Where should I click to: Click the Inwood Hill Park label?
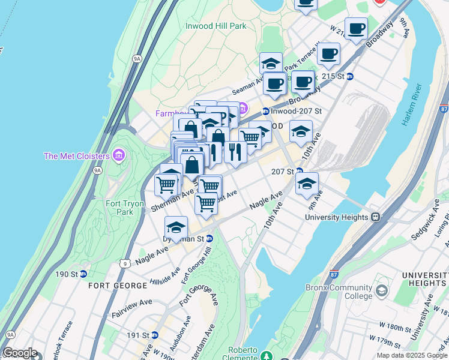point(216,26)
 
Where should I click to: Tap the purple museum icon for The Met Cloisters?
point(119,157)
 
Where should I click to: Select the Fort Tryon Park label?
point(125,208)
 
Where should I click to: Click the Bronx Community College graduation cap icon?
point(381,292)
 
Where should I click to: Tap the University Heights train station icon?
point(375,217)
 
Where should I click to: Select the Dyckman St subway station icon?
point(209,238)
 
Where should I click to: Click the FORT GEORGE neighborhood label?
point(114,286)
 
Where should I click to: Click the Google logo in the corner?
point(20,353)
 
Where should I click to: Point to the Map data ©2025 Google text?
point(412,355)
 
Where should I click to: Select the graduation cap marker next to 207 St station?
point(307,184)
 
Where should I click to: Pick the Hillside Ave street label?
point(164,275)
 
